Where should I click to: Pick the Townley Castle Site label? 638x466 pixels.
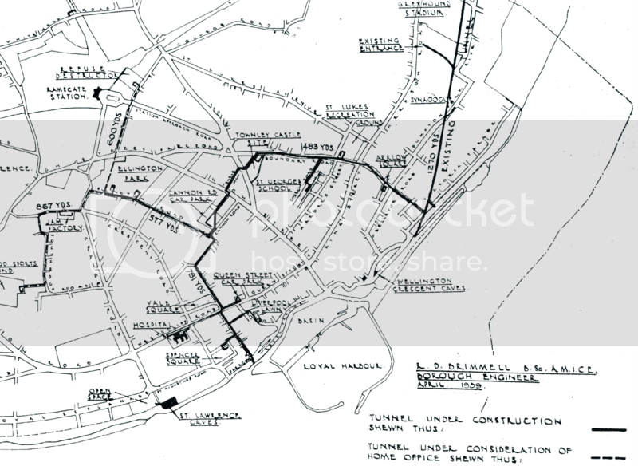tap(257, 141)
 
